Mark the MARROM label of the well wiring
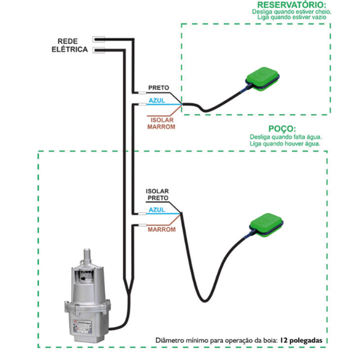(161, 229)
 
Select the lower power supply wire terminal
(99, 49)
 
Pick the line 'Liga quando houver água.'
(286, 144)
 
